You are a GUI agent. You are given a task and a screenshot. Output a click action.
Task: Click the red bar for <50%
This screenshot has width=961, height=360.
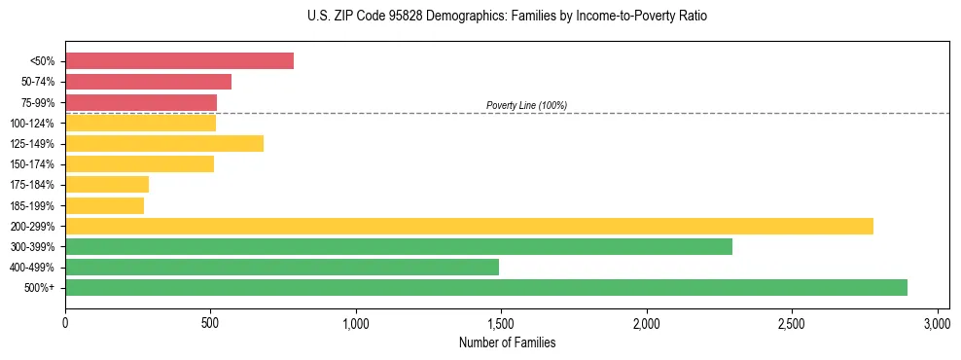[x=179, y=61]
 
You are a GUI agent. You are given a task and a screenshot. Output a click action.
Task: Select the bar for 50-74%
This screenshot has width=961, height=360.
[x=148, y=82]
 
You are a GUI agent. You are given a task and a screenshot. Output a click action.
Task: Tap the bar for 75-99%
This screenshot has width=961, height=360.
[x=141, y=102]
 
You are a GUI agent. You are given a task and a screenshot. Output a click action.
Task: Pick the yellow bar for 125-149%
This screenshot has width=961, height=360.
[x=164, y=144]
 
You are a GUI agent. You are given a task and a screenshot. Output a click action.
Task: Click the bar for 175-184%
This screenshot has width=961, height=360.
[x=107, y=185]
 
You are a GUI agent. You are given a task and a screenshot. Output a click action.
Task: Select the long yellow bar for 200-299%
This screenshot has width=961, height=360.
[x=469, y=226]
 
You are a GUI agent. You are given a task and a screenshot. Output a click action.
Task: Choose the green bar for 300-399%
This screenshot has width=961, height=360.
[x=399, y=247]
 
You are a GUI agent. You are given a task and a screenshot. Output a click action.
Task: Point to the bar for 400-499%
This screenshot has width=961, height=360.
[x=282, y=268]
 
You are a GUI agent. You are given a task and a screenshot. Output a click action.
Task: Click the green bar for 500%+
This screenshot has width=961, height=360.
[x=486, y=288]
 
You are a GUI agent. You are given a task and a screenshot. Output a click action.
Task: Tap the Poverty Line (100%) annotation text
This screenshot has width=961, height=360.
[x=526, y=105]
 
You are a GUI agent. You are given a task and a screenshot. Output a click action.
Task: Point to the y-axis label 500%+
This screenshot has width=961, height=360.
[x=41, y=288]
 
